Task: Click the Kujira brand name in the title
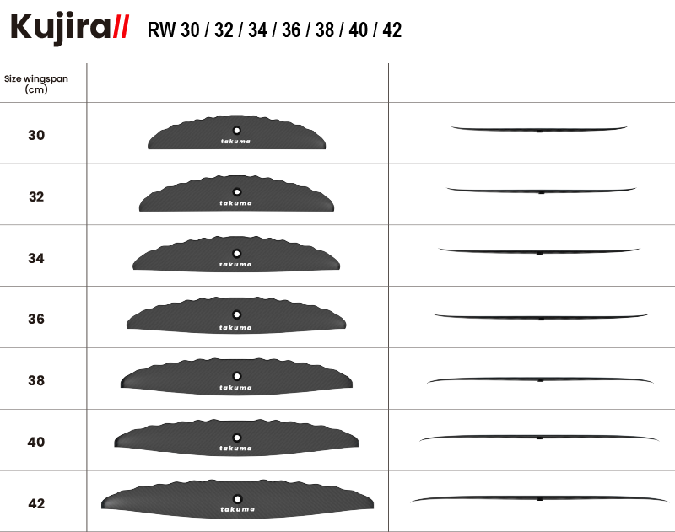pyautogui.click(x=60, y=29)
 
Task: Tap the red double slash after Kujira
pyautogui.click(x=121, y=27)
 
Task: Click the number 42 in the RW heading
pyautogui.click(x=391, y=30)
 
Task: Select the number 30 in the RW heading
pyautogui.click(x=190, y=30)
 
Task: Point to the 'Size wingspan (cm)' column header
pyautogui.click(x=36, y=83)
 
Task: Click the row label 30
pyautogui.click(x=36, y=135)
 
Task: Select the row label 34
pyautogui.click(x=36, y=258)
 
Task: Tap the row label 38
pyautogui.click(x=36, y=380)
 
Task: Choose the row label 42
pyautogui.click(x=36, y=503)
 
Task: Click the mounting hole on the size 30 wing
pyautogui.click(x=236, y=131)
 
